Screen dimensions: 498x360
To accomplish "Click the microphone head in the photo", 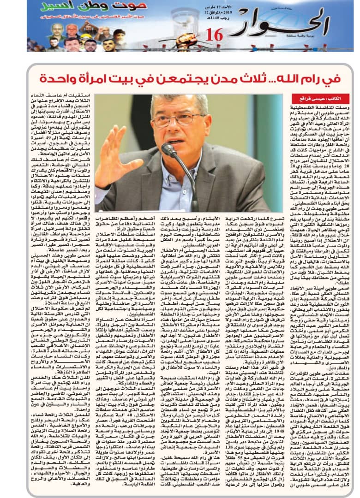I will point(168,149).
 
